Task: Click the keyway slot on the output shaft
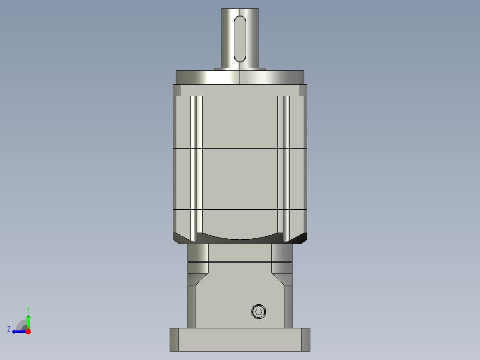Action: [240, 39]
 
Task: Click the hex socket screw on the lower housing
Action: [258, 311]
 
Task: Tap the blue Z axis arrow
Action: [18, 331]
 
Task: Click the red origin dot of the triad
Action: [28, 331]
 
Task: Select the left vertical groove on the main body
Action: [196, 167]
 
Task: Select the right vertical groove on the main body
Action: [283, 167]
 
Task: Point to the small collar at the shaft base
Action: [240, 69]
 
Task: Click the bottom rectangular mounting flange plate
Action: [240, 340]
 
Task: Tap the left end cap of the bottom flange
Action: [174, 340]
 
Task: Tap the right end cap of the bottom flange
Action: [305, 340]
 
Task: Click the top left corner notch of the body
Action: [177, 90]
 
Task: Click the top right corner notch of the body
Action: [303, 90]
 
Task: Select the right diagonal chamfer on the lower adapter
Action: [281, 280]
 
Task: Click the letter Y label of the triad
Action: [28, 309]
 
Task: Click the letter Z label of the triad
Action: [9, 329]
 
